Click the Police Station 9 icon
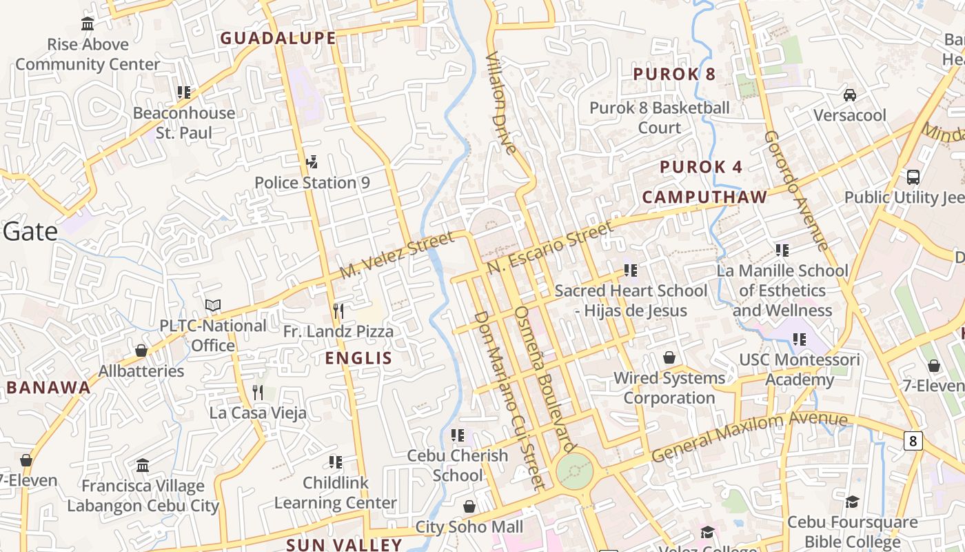[312, 161]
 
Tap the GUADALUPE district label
[278, 38]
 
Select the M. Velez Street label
[397, 255]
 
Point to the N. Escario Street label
[549, 246]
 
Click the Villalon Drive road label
[501, 102]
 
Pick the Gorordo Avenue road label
[796, 190]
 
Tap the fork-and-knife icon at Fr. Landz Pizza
[338, 310]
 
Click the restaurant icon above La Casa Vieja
[258, 393]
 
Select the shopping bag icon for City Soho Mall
[469, 506]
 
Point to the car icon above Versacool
[850, 95]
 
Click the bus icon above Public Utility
[913, 177]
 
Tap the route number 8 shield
[913, 441]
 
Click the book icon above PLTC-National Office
[213, 305]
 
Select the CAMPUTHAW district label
[704, 197]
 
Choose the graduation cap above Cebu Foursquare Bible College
[853, 502]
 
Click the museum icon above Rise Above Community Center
[88, 24]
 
